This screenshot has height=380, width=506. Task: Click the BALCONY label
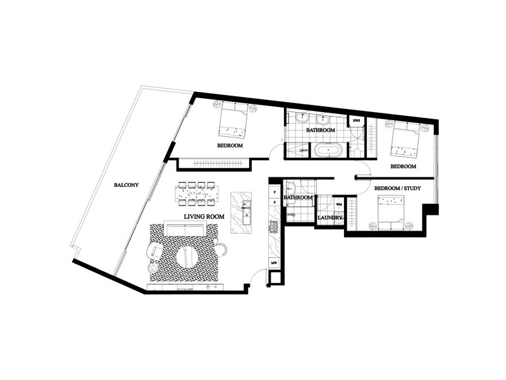tap(126, 185)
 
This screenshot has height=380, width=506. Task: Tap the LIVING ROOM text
tap(204, 217)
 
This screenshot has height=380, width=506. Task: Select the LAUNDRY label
tap(330, 218)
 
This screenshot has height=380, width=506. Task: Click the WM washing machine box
tap(339, 205)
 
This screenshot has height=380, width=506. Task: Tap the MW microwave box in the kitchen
tap(275, 262)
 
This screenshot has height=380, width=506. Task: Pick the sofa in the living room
tap(184, 229)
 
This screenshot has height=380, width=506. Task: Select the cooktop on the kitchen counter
tap(275, 227)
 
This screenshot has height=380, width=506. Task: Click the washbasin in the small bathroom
tap(290, 187)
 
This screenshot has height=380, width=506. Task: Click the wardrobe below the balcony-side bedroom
tap(208, 164)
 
